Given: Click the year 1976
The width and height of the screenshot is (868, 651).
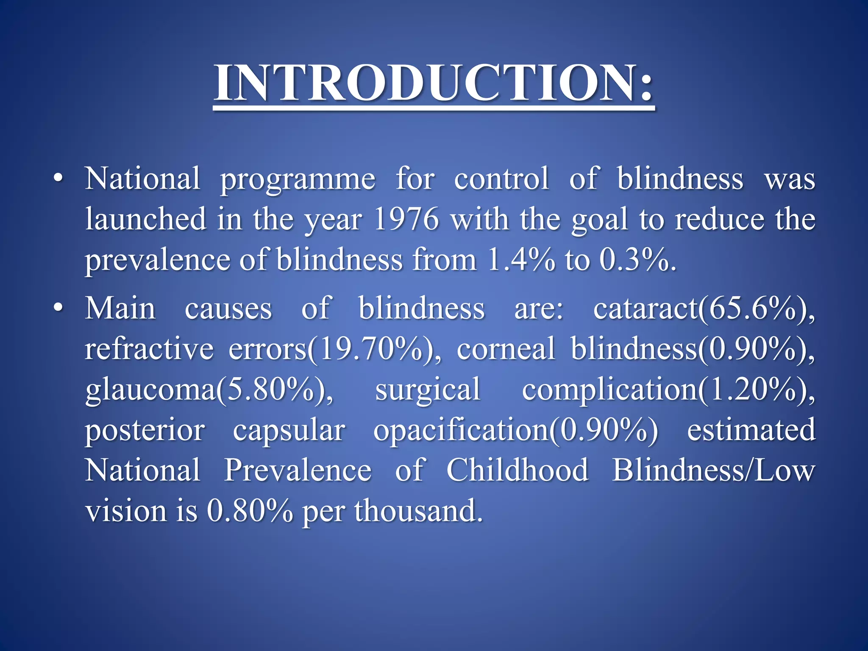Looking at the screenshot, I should [x=406, y=219].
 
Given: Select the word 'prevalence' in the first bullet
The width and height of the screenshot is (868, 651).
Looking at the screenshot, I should [x=157, y=261].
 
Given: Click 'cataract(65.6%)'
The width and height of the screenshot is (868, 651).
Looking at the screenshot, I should [x=704, y=308].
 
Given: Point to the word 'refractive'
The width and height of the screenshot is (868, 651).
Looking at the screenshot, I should [x=149, y=348].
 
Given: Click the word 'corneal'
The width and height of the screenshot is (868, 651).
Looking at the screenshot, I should [x=506, y=348].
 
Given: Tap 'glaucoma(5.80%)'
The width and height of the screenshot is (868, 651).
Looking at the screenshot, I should [x=209, y=390].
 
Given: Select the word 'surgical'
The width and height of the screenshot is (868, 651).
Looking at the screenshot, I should [x=428, y=390].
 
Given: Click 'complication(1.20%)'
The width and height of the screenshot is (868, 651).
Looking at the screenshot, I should [x=668, y=390].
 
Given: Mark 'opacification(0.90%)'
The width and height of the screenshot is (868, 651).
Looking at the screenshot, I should [x=515, y=430].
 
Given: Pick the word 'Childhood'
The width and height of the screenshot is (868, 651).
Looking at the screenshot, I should [x=517, y=470].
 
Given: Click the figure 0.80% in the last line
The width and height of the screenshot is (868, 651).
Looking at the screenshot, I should [x=250, y=511].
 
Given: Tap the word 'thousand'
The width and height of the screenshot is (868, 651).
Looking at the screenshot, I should [x=418, y=511].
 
